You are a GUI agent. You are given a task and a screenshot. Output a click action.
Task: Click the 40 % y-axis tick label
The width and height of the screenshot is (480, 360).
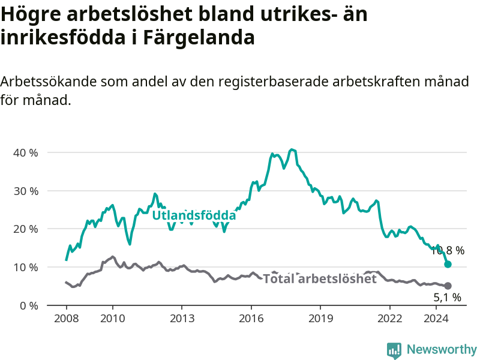click(26, 153)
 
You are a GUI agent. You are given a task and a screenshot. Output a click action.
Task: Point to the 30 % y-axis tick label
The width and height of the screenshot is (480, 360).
click(26, 191)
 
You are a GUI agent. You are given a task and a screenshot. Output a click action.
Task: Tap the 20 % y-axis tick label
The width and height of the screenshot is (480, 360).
click(26, 229)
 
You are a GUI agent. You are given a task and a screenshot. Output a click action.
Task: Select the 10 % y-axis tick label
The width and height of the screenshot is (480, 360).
click(26, 268)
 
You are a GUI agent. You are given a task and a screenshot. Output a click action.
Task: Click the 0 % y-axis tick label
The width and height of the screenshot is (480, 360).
click(29, 306)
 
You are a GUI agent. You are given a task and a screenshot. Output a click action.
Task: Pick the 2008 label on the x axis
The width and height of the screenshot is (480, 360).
click(67, 319)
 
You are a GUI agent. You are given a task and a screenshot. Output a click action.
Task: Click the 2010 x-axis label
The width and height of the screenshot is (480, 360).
click(113, 319)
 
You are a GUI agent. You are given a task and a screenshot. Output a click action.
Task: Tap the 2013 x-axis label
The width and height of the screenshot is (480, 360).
click(182, 319)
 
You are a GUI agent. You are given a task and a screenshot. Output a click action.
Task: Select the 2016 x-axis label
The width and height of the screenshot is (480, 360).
click(251, 319)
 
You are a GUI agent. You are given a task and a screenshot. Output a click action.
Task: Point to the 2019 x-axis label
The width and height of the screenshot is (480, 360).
click(320, 319)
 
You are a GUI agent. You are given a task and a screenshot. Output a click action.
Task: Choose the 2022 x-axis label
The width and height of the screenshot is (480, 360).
click(389, 319)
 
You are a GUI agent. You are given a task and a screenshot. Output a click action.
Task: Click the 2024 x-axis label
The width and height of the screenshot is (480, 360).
click(436, 319)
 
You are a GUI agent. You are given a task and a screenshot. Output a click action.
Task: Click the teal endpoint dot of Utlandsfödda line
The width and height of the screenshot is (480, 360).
click(448, 264)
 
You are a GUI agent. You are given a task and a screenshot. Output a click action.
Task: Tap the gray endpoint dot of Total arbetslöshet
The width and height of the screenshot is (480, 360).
click(448, 286)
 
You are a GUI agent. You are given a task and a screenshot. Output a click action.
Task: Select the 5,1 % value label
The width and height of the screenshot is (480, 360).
click(447, 297)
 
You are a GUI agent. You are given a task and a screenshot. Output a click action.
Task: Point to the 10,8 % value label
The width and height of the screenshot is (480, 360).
click(447, 251)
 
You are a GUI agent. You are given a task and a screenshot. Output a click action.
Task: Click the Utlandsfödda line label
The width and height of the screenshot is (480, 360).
click(194, 215)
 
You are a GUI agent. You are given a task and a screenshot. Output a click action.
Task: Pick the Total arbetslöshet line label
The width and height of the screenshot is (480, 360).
click(320, 279)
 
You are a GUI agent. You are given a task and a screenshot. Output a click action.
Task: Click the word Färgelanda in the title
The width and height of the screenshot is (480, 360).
click(199, 38)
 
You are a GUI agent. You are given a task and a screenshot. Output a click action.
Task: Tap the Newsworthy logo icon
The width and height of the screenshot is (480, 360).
click(394, 350)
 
